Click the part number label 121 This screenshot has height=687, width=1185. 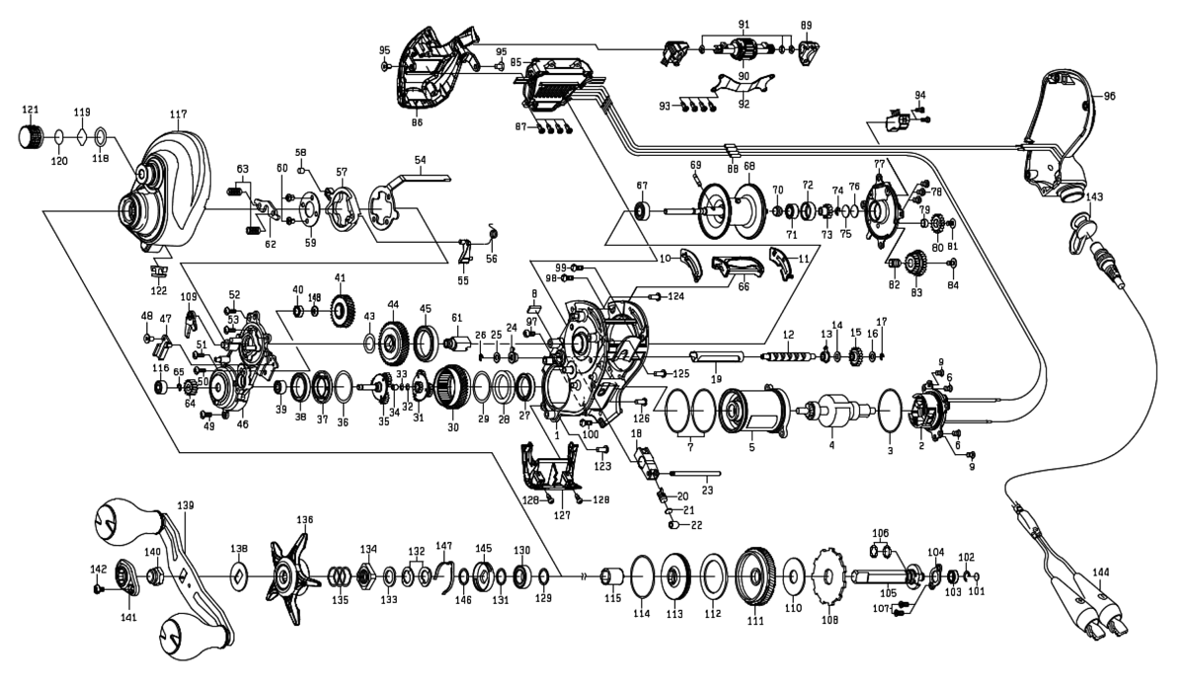31,109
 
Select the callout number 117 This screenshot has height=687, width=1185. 178,114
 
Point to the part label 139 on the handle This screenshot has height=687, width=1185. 186,505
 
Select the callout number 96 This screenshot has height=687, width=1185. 1109,97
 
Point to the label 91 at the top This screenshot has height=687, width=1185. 744,24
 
